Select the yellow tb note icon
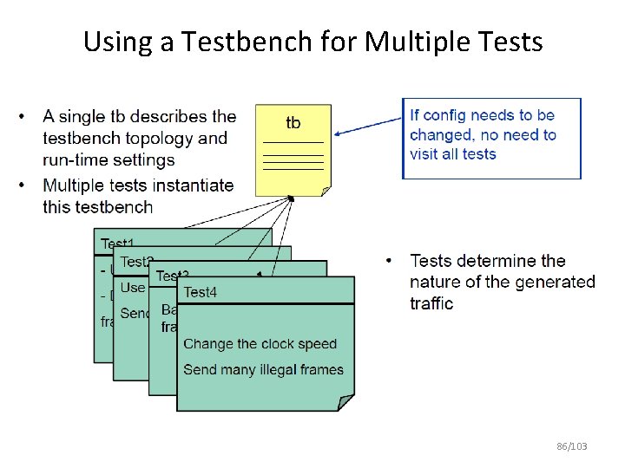293,150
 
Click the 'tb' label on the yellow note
293,122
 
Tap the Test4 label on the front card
201,292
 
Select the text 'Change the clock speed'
260,344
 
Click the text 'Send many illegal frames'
263,370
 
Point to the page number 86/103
572,446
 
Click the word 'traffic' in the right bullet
431,302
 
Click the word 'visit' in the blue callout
426,154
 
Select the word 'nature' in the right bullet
436,282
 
